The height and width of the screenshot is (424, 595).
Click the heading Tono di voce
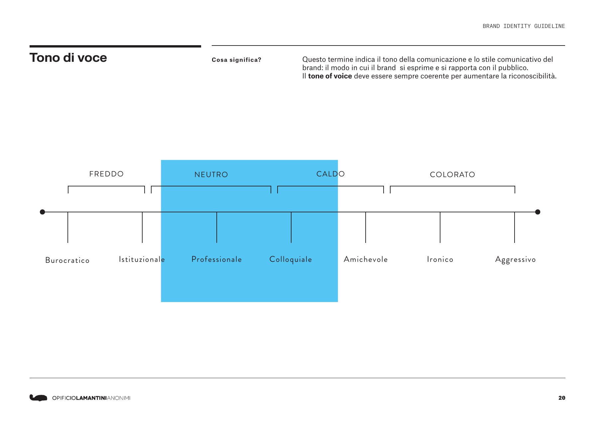coord(68,58)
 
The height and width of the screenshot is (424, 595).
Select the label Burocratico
coord(67,260)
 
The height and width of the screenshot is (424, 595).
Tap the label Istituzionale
coord(142,259)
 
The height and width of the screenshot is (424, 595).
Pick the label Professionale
coord(217,259)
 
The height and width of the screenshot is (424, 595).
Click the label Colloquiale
coord(291,260)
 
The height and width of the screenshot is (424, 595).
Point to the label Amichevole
coord(366,259)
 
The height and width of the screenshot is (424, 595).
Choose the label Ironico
coord(440,259)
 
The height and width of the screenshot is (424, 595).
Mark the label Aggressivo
coord(516,260)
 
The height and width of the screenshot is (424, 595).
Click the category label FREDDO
coord(106,174)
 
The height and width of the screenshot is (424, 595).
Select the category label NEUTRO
coord(211,174)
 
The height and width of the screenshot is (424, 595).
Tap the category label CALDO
coord(330,174)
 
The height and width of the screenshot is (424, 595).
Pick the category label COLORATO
coord(452,174)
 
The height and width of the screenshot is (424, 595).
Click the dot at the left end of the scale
coord(42,212)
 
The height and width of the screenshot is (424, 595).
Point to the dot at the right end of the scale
coord(538,212)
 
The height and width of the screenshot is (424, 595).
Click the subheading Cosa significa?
coord(237,60)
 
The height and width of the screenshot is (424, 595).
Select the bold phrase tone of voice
coord(330,76)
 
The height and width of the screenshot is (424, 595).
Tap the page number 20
coord(562,398)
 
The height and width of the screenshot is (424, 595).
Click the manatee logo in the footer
coord(38,398)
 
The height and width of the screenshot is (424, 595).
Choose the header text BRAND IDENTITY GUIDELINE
coord(524,26)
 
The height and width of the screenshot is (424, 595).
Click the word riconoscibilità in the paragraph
coord(533,76)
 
